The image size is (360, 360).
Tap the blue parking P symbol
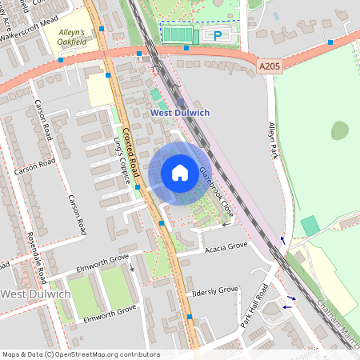pos(217,34)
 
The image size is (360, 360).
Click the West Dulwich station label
pos(180,113)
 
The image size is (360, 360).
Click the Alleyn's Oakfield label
pos(77,36)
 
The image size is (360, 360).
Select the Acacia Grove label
pos(226,246)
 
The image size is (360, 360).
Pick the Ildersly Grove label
pos(215,290)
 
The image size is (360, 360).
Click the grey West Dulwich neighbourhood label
pos(36,294)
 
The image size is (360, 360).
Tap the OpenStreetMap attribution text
pos(80,354)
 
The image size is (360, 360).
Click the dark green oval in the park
pos(340,130)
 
